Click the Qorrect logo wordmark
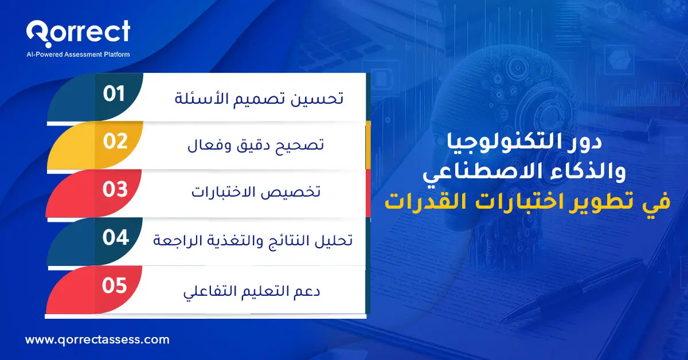point(78,32)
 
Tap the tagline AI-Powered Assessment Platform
point(79,54)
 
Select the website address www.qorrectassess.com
point(97,339)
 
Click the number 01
point(114,94)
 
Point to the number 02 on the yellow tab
point(115,142)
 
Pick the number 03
point(115,190)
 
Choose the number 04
point(115,238)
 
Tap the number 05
point(114,285)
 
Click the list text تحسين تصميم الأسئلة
point(259,98)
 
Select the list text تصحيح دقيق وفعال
point(256,146)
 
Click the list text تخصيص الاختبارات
point(256,193)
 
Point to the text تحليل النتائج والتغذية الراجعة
point(253,241)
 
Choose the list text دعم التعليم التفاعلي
point(252,290)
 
